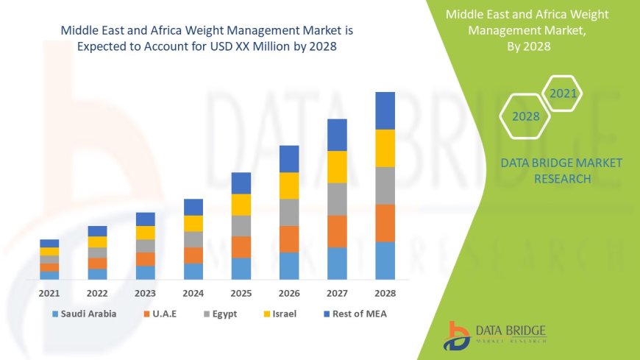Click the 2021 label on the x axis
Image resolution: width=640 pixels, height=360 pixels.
pyautogui.click(x=49, y=293)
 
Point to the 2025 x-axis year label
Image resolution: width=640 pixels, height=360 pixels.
pyautogui.click(x=241, y=293)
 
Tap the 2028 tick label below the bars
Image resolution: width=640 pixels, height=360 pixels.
pyautogui.click(x=385, y=293)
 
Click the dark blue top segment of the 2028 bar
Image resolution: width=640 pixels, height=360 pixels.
pyautogui.click(x=385, y=110)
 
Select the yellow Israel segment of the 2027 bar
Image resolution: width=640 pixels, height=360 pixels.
pyautogui.click(x=337, y=166)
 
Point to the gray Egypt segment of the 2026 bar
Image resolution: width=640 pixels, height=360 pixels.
pyautogui.click(x=289, y=212)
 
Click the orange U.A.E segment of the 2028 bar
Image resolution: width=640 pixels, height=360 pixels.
pyautogui.click(x=385, y=223)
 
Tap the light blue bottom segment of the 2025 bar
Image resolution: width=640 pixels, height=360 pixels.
pyautogui.click(x=241, y=268)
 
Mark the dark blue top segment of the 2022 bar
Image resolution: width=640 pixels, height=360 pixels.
pyautogui.click(x=97, y=231)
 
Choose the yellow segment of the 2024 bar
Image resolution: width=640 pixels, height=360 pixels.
pyautogui.click(x=193, y=223)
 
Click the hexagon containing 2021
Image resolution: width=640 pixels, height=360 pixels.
pyautogui.click(x=563, y=93)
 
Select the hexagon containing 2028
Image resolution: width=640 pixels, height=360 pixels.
pyautogui.click(x=525, y=116)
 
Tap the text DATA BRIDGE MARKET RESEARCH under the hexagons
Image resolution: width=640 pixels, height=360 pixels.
pyautogui.click(x=561, y=171)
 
